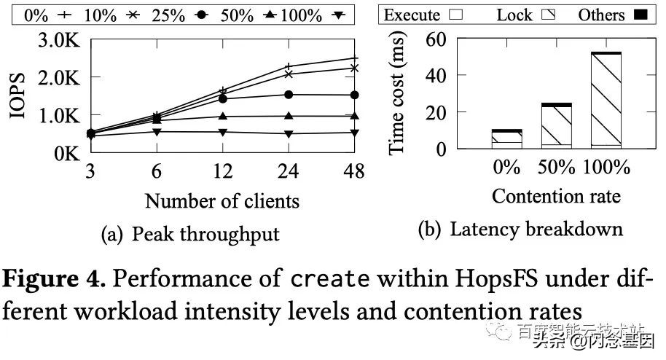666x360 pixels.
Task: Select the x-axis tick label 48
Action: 354,171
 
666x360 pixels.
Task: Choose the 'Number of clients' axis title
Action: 222,199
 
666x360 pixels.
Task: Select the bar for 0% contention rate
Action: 506,139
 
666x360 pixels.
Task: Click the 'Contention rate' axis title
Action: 556,196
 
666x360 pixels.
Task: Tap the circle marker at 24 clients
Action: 289,95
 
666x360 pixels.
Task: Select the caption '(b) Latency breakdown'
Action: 520,230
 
